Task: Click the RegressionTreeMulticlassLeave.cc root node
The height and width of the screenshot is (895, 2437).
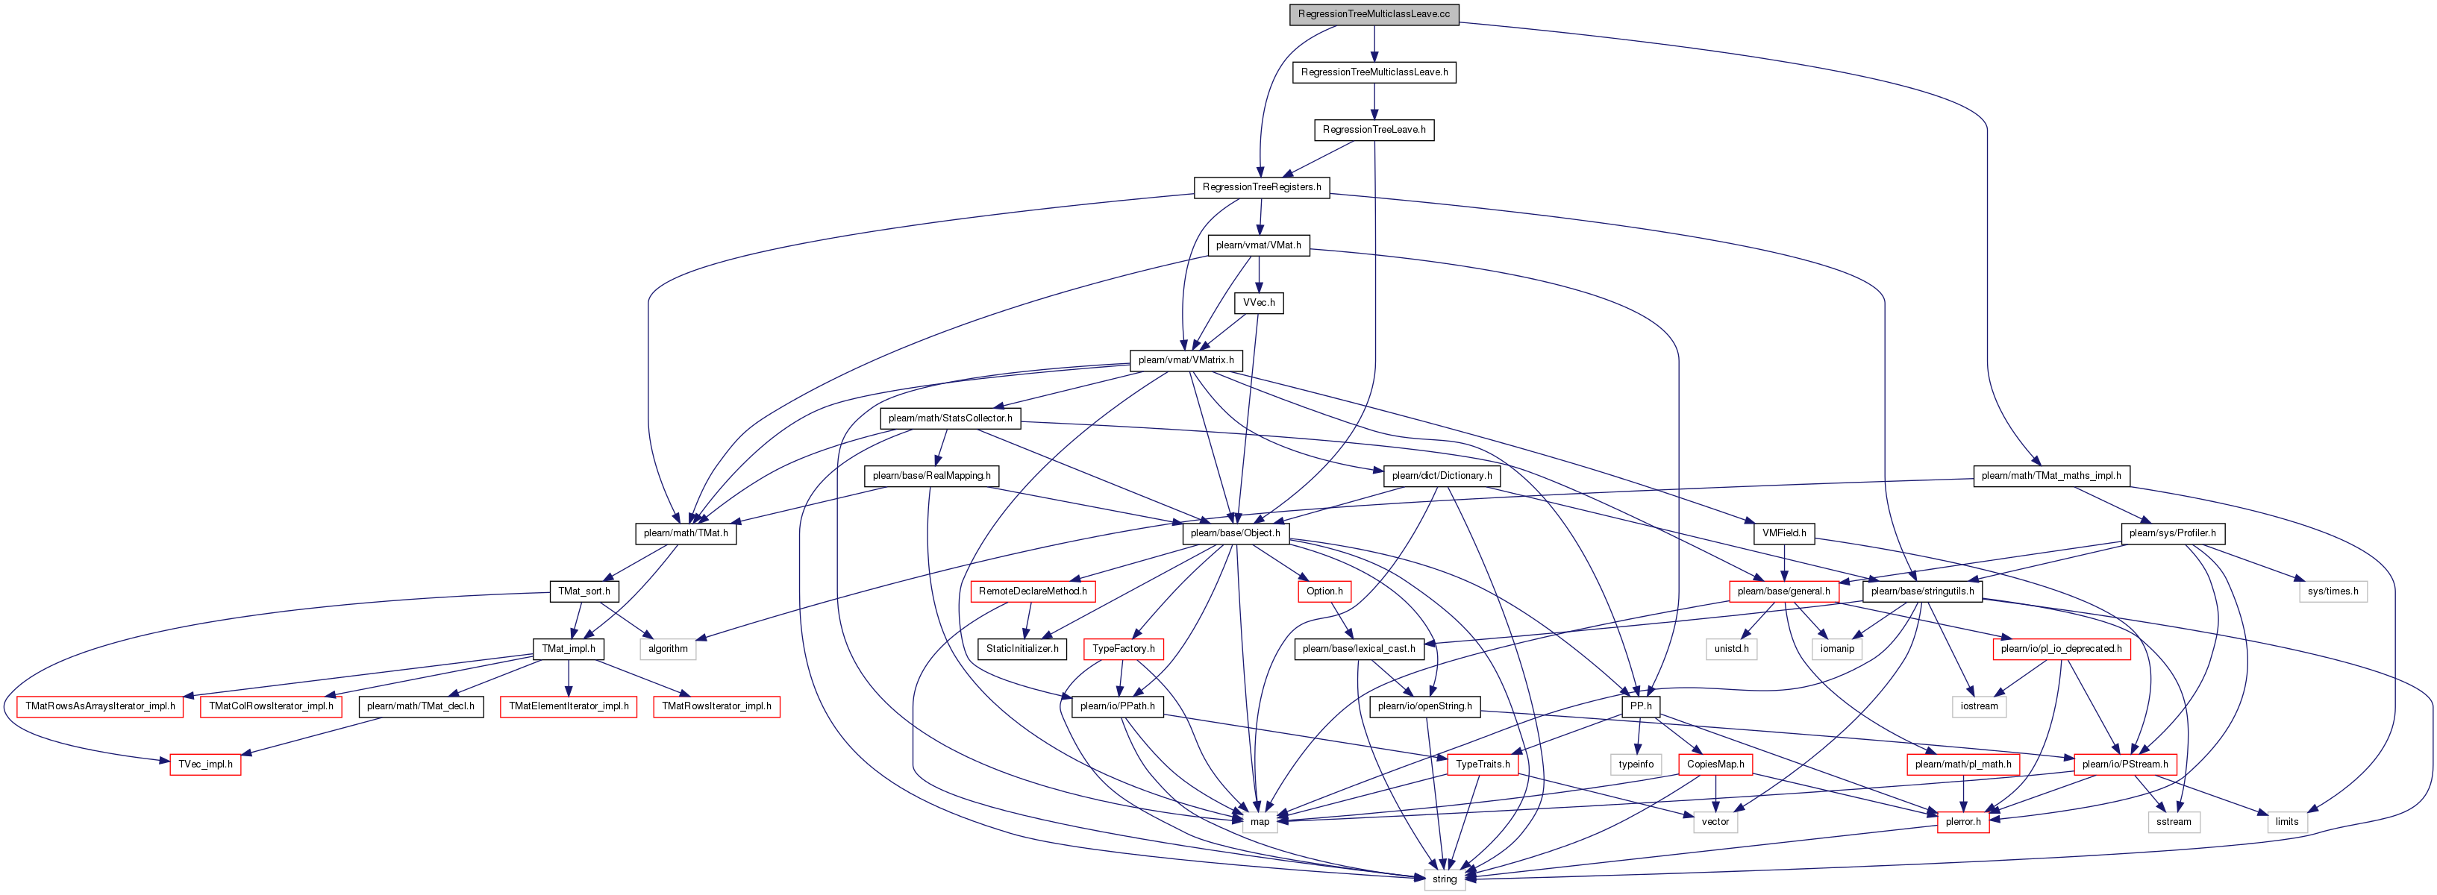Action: click(1374, 14)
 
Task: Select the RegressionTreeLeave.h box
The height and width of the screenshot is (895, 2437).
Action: click(1374, 130)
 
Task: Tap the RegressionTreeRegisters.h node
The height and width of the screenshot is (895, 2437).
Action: click(1261, 187)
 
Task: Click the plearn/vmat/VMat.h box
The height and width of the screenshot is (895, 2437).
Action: click(1258, 245)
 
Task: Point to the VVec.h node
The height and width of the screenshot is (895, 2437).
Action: click(1258, 303)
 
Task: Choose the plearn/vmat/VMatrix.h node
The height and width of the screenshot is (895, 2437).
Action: click(1186, 360)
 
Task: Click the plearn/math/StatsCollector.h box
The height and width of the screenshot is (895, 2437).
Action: click(950, 418)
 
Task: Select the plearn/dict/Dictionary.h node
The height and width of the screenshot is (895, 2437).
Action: click(1442, 476)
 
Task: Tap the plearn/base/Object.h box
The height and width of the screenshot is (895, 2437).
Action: click(1235, 533)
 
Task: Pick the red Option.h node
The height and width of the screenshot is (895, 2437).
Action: click(1324, 591)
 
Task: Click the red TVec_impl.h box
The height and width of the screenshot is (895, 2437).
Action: click(205, 764)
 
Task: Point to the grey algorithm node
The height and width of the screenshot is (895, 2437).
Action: click(668, 649)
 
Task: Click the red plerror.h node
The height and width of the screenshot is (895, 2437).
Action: click(1963, 822)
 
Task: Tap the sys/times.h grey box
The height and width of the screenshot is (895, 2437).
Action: click(2333, 591)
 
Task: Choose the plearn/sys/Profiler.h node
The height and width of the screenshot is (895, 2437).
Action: click(2172, 533)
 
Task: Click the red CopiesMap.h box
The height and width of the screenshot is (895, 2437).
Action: click(1715, 764)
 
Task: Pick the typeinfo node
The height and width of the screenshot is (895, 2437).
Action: click(1636, 764)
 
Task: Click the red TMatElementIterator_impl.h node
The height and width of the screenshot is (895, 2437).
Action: click(569, 707)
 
